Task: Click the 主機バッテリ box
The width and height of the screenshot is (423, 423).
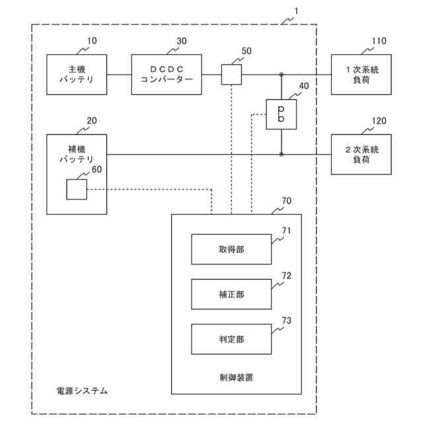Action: coord(77,75)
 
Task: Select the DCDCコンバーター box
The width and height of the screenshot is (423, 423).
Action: coord(167,75)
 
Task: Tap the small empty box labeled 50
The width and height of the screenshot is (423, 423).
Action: coord(231,75)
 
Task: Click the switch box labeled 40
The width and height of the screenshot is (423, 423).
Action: coord(282,114)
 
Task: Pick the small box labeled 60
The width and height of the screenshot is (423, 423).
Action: coord(77,190)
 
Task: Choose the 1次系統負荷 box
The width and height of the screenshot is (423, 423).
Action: coord(362,75)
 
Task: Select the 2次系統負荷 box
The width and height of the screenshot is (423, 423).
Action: coord(362,154)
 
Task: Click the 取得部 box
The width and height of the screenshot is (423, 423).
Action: coord(231,249)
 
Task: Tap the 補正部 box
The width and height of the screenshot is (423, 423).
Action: coord(231,294)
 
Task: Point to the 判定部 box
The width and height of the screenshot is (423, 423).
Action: coord(231,339)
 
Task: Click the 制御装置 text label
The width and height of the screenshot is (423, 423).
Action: coord(237,377)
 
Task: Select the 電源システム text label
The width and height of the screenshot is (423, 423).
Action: coord(82,391)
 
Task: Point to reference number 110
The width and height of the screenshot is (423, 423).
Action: coord(379,41)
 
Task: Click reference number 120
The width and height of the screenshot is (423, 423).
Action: coord(379,121)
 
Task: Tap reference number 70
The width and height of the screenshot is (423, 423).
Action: coord(286,201)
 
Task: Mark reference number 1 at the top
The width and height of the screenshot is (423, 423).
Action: coord(296,11)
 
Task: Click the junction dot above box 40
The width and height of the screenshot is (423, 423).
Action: coord(282,75)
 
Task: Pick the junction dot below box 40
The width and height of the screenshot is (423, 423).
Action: coord(282,154)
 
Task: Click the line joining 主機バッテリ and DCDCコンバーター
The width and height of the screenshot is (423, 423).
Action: coord(119,75)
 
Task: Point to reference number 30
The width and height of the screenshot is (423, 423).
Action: coord(182,41)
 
